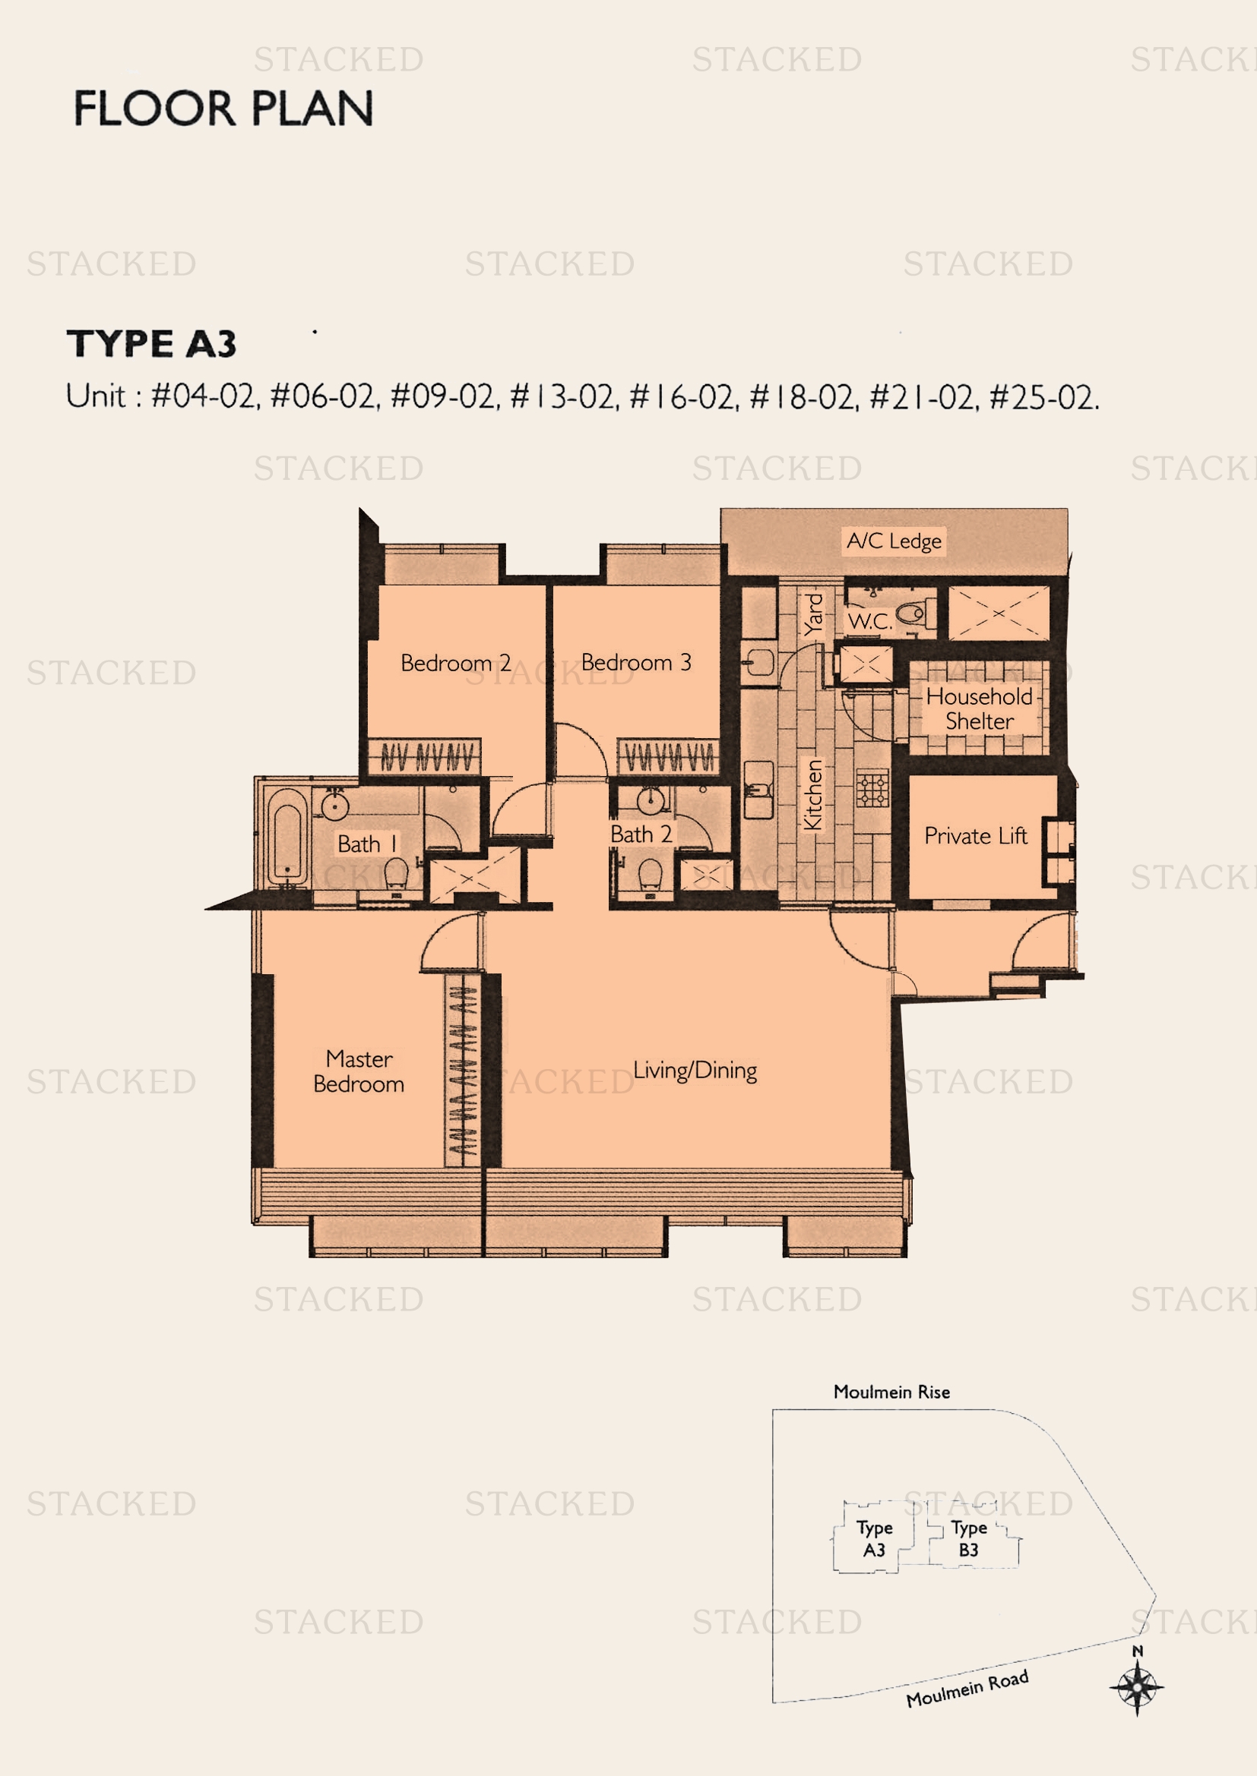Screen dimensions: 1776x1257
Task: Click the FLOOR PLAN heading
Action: pos(223,109)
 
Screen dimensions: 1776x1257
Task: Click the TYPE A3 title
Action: pos(152,343)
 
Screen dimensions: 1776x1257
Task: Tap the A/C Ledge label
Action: pos(894,541)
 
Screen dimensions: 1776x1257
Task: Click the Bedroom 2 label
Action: pos(455,663)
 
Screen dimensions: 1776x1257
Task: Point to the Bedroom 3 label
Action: pos(635,662)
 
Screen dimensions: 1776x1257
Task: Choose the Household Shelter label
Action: pos(979,708)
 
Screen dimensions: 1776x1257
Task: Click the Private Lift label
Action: pos(975,835)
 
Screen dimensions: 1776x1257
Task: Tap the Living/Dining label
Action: pos(695,1070)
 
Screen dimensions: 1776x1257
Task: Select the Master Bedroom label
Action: pos(359,1071)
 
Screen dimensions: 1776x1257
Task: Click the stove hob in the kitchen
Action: pos(872,789)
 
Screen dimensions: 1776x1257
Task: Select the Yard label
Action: pos(812,614)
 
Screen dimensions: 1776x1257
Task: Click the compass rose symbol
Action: pos(1136,1687)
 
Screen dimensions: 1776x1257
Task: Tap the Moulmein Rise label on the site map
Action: pos(891,1392)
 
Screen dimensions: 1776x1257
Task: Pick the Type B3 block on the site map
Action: pos(968,1538)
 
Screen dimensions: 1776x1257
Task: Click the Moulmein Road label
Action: pos(967,1688)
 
